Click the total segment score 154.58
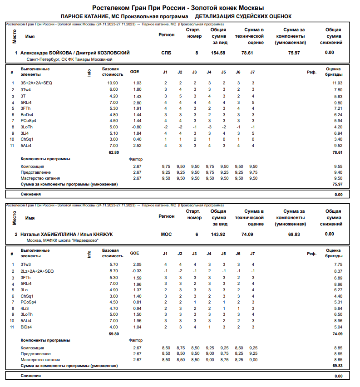click(218, 53)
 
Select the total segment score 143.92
click(218, 234)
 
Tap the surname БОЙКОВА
click(59, 53)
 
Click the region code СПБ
click(167, 53)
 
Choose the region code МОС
click(167, 234)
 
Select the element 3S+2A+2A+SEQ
click(36, 83)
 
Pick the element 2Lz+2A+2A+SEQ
click(37, 271)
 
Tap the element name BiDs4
click(26, 327)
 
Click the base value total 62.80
click(113, 152)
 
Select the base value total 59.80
click(113, 333)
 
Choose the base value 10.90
click(113, 83)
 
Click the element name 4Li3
click(25, 309)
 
